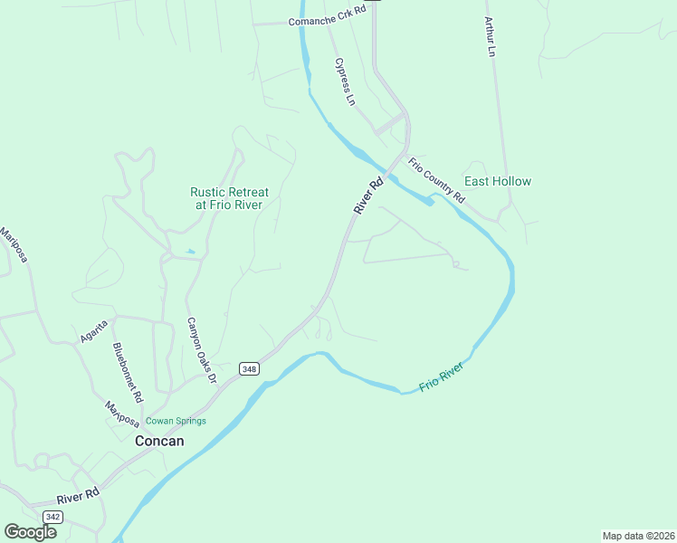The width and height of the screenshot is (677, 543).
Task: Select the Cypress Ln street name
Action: pyautogui.click(x=344, y=82)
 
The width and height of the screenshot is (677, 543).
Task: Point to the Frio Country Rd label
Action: pyautogui.click(x=436, y=180)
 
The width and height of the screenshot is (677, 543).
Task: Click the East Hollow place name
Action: pyautogui.click(x=498, y=181)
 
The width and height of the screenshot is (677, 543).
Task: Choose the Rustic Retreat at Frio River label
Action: pyautogui.click(x=230, y=198)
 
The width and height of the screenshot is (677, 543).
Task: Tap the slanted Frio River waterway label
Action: pyautogui.click(x=442, y=377)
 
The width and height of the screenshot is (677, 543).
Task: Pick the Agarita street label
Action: pyautogui.click(x=94, y=330)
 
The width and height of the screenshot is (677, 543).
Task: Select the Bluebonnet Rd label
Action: pyautogui.click(x=128, y=372)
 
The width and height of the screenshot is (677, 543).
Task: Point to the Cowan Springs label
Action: pyautogui.click(x=176, y=421)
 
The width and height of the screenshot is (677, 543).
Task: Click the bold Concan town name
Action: pyautogui.click(x=159, y=442)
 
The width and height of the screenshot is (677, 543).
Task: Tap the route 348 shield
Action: pyautogui.click(x=250, y=368)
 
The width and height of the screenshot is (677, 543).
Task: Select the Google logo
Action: pyautogui.click(x=30, y=531)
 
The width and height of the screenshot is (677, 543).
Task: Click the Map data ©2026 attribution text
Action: pyautogui.click(x=638, y=535)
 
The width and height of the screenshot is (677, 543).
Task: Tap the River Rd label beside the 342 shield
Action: pyautogui.click(x=77, y=497)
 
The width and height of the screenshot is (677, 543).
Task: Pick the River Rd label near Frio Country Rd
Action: pyautogui.click(x=369, y=195)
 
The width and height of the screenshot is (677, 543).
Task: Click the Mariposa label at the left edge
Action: pyautogui.click(x=14, y=246)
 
